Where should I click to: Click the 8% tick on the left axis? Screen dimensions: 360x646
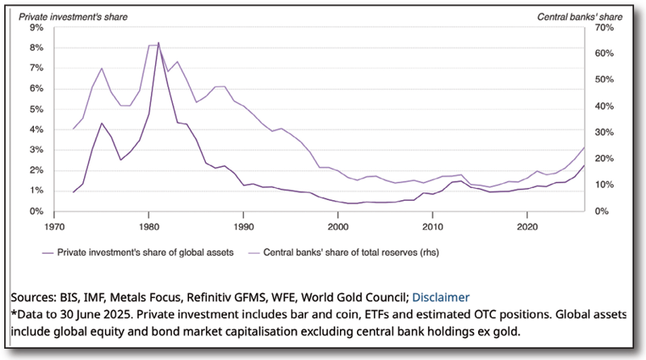point(37,48)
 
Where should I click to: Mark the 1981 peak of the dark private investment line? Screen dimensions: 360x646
point(158,42)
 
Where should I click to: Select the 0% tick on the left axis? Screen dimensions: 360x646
point(37,211)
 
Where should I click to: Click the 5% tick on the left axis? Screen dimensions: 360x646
point(37,109)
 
